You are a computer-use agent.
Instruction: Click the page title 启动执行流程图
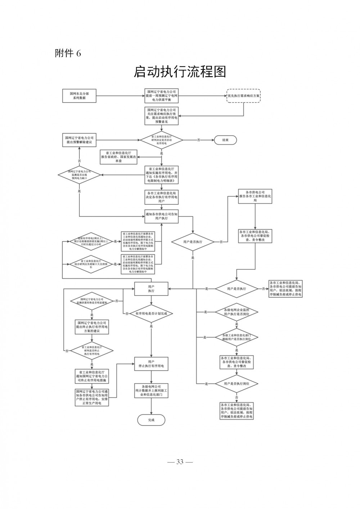(180, 72)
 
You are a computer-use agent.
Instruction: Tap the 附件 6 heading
(68, 53)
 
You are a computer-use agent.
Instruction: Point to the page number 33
(180, 462)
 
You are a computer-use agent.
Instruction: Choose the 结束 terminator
(225, 140)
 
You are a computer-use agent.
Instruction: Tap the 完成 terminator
(151, 420)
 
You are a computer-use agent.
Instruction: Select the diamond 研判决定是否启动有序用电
(161, 140)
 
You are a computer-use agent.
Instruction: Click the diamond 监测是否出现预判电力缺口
(79, 175)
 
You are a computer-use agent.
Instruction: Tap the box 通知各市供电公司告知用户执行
(161, 216)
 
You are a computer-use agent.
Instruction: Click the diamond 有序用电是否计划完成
(151, 314)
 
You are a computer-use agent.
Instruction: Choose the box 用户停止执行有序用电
(151, 364)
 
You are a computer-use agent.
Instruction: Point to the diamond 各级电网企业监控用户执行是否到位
(237, 312)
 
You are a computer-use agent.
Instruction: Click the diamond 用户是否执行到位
(237, 384)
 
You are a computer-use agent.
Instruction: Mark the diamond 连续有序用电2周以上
(91, 242)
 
